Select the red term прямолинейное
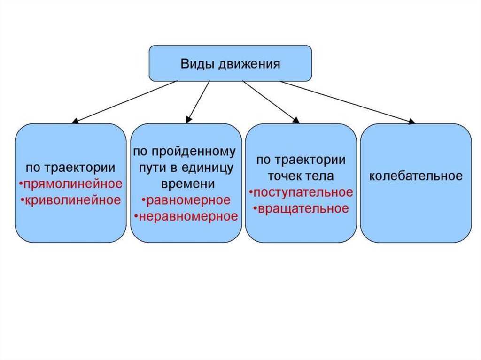coord(72,183)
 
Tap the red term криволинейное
coord(72,199)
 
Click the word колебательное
coord(416,176)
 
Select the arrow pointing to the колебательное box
coord(348,102)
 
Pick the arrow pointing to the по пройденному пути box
coord(197,101)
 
